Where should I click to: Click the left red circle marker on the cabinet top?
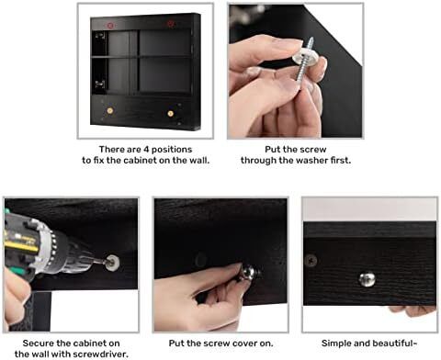tap(110, 26)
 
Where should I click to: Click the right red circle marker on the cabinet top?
tap(170, 24)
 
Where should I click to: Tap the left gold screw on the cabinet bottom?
tap(109, 110)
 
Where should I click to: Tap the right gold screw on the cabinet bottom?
tap(170, 114)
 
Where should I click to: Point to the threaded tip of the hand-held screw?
tap(311, 39)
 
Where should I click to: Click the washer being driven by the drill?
tap(113, 263)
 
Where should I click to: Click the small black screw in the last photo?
tap(311, 261)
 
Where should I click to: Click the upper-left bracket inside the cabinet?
tap(100, 36)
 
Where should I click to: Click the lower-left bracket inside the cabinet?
tap(100, 84)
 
